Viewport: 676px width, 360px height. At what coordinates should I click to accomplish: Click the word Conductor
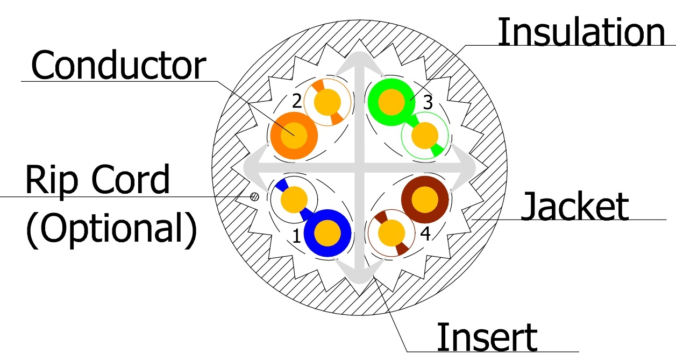[x=118, y=66]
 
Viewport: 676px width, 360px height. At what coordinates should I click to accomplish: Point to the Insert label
[x=487, y=337]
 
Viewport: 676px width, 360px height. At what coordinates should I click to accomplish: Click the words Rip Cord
[x=97, y=180]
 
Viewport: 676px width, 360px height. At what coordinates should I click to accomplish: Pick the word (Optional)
[x=111, y=231]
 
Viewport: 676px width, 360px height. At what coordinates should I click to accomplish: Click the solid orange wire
[x=294, y=135]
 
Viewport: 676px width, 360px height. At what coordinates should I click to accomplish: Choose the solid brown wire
[x=425, y=199]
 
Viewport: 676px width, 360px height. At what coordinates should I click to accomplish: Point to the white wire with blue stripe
[x=294, y=199]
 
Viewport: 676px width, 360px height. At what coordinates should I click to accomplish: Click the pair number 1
[x=296, y=236]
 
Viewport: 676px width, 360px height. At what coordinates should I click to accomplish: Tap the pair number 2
[x=296, y=100]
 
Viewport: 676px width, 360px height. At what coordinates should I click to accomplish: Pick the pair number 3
[x=428, y=103]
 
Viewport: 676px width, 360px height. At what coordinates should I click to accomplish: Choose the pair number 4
[x=425, y=235]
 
